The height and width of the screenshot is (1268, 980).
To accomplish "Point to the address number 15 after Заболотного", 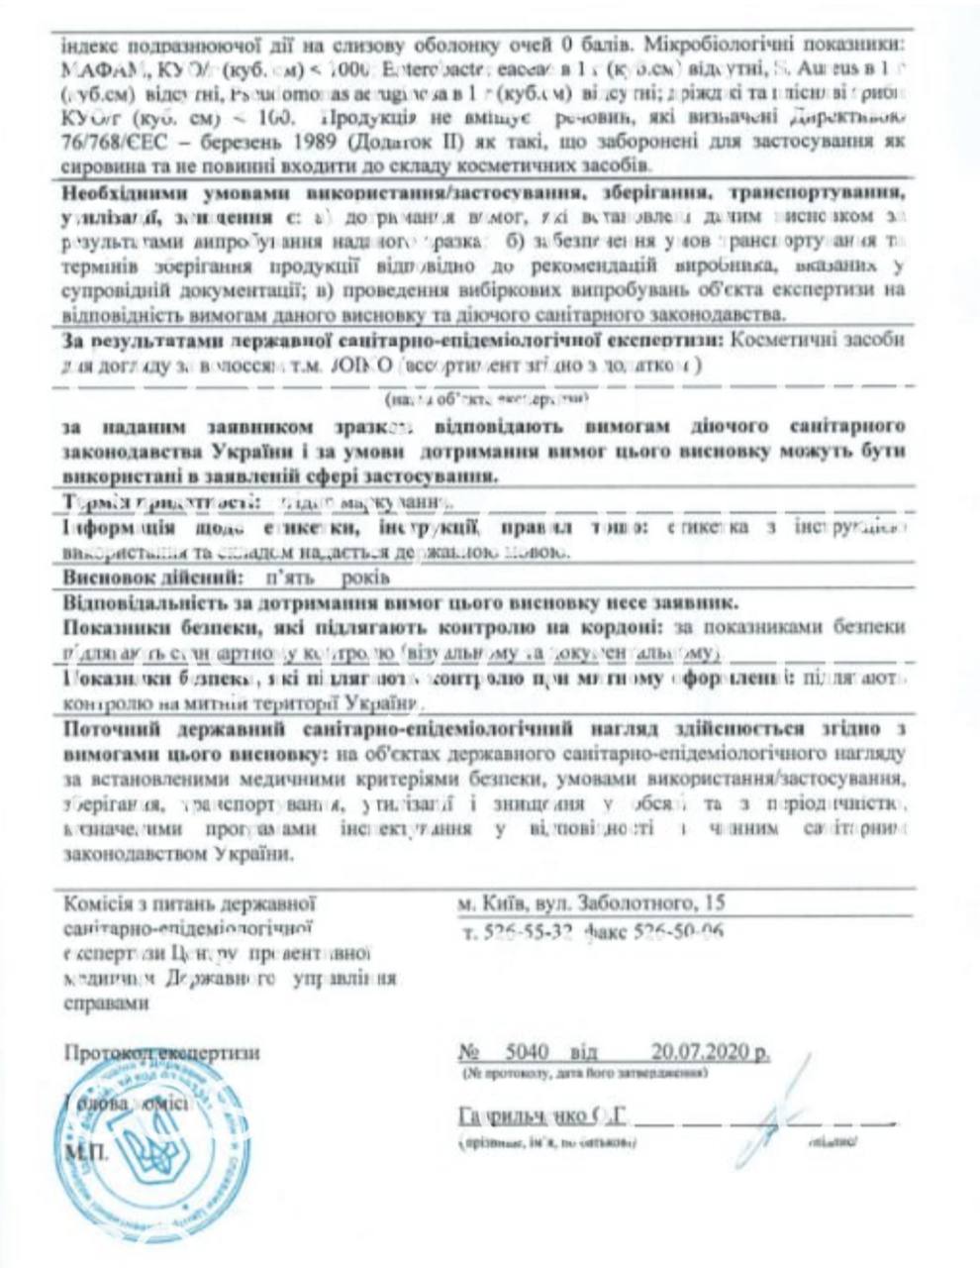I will point(715,902).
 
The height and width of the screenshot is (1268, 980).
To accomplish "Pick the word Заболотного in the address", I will point(632,902).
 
